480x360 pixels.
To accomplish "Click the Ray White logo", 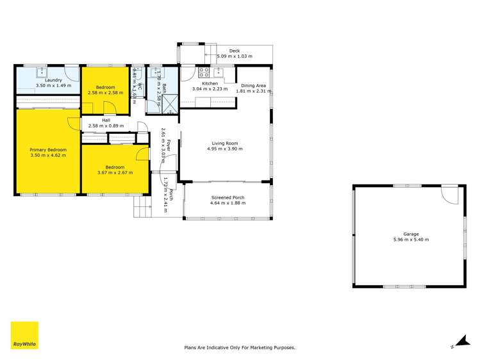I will click(24, 336).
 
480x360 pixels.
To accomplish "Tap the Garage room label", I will click(411, 234).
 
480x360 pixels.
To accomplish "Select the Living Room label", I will click(226, 143).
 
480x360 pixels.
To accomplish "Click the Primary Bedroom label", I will click(47, 149).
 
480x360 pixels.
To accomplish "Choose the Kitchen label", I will click(210, 84).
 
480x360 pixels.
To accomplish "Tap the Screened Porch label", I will click(228, 197).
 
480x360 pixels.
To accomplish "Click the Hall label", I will click(106, 120).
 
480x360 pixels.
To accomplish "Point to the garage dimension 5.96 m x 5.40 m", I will click(411, 240).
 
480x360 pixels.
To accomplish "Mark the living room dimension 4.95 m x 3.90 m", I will click(226, 149).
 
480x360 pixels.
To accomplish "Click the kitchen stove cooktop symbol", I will click(204, 72).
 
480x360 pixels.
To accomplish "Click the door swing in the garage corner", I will click(450, 193).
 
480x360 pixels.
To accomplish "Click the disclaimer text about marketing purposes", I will click(240, 347).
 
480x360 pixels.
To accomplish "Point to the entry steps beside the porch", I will click(141, 206).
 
